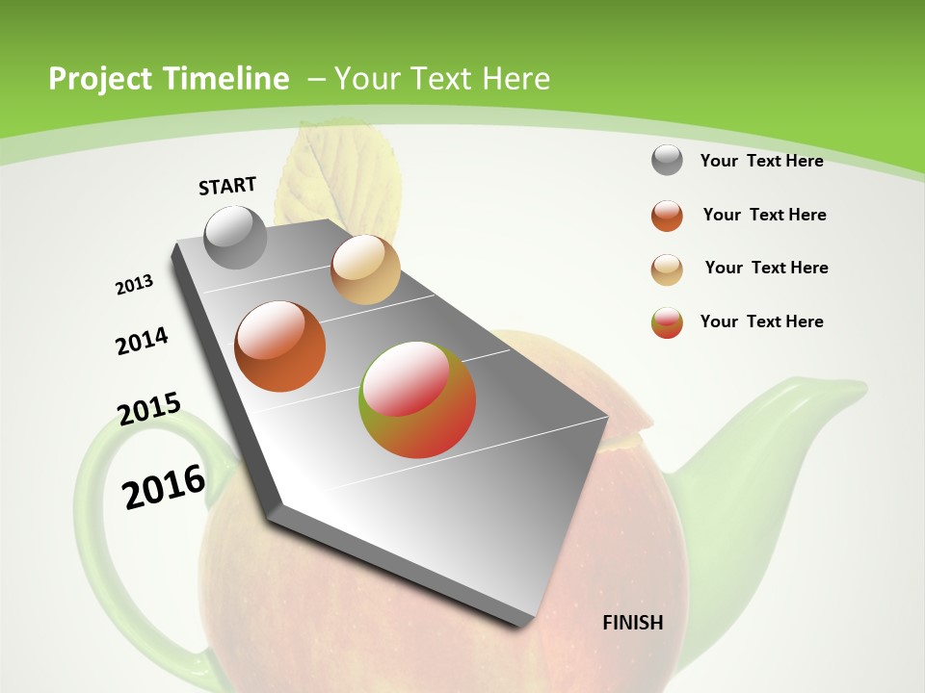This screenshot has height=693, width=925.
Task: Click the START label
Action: [x=227, y=186]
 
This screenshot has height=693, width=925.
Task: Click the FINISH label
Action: [x=632, y=623]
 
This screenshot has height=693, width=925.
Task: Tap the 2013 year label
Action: [x=134, y=285]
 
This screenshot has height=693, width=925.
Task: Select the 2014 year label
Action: [x=142, y=341]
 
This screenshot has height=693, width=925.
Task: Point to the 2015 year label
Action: [x=148, y=408]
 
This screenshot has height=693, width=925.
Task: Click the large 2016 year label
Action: [x=164, y=487]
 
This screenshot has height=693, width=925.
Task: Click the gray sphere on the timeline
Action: [x=236, y=237]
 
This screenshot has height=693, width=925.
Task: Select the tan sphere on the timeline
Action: [x=365, y=269]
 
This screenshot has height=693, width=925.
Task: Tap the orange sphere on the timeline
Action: [x=280, y=346]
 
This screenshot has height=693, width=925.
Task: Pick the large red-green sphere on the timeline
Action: [x=417, y=399]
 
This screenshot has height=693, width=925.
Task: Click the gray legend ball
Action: [x=667, y=160]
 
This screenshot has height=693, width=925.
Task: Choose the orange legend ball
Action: [x=667, y=216]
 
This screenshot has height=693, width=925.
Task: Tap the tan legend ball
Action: [x=667, y=269]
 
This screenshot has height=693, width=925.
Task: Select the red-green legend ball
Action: [x=667, y=322]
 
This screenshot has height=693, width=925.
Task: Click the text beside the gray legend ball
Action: [x=761, y=161]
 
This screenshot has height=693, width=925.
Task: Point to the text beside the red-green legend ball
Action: [x=761, y=321]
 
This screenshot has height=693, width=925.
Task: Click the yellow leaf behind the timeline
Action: [x=337, y=173]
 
